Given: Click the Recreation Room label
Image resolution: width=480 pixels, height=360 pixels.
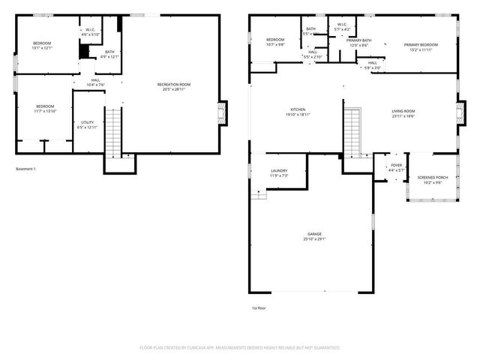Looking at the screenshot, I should click(x=173, y=87).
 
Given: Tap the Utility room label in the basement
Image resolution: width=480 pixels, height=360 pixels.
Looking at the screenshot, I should click(x=85, y=124).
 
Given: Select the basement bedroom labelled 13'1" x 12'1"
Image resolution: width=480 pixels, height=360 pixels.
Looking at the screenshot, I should click(x=41, y=46).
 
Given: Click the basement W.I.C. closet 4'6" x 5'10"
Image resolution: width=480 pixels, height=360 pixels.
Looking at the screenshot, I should click(x=91, y=32).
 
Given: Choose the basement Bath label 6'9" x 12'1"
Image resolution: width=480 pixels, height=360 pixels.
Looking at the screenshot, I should click(x=109, y=55).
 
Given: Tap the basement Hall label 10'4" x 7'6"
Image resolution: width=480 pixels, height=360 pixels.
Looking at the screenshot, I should click(x=95, y=82).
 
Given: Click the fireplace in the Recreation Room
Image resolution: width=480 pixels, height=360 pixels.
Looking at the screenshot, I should click(x=222, y=113).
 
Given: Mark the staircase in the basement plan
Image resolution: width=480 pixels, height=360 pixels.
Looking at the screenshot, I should click(x=112, y=130).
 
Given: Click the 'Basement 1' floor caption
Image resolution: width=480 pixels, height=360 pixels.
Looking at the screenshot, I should click(x=25, y=169).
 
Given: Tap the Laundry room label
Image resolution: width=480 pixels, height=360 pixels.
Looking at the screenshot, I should click(x=279, y=173).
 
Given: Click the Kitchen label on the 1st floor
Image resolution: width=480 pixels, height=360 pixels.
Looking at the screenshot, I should click(x=298, y=112).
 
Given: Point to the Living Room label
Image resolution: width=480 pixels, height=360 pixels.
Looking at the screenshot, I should click(x=403, y=113).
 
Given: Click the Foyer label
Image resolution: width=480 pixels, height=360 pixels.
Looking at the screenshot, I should click(x=396, y=168).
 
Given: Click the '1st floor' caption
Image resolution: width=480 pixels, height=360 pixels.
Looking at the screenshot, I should click(x=259, y=307).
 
